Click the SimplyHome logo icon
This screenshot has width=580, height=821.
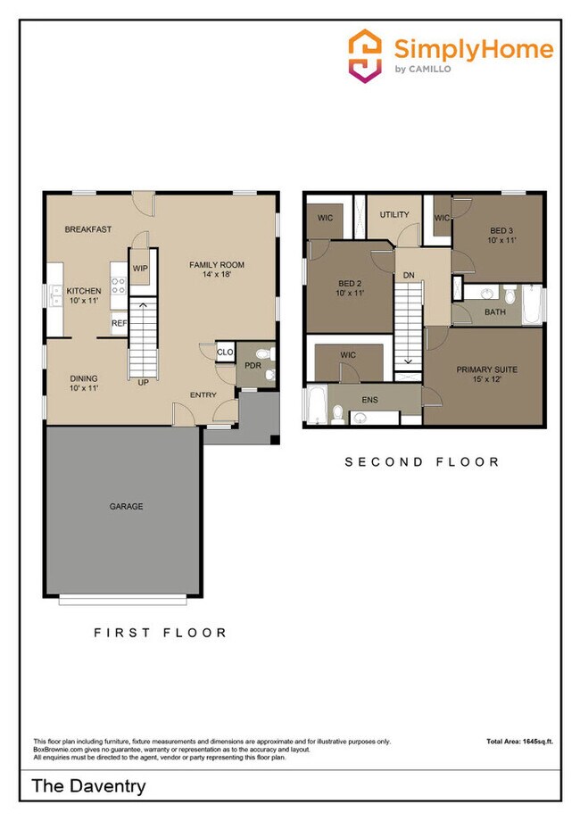pos(366,55)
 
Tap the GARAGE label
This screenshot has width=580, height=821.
pos(126,506)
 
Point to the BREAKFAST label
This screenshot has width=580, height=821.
pos(87,229)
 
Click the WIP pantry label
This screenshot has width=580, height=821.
pos(140,268)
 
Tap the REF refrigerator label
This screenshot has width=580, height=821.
pos(119,324)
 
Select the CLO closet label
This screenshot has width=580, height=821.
pos(225,352)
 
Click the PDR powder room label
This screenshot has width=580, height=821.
pos(253,366)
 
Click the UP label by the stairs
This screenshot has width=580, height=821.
pos(143,383)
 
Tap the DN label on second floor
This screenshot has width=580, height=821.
pos(409,276)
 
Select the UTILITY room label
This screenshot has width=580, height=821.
pos(394,214)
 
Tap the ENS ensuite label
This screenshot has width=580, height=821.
pos(369,400)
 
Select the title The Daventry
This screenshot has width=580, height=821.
pos(88,786)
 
